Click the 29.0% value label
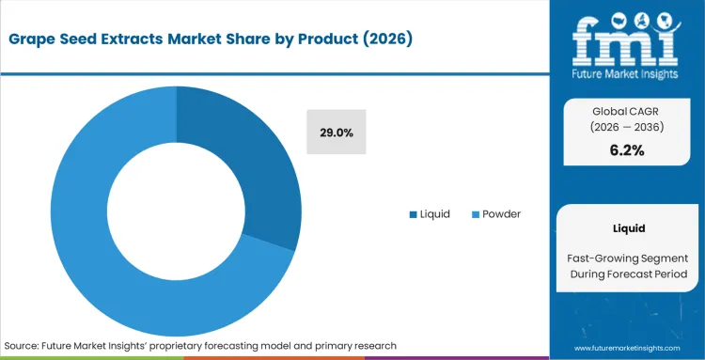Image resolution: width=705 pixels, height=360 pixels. coord(336,133)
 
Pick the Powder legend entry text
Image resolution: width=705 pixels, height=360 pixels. coord(501,214)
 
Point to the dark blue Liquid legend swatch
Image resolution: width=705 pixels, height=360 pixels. coord(414,214)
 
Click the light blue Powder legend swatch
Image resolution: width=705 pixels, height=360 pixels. coord(475,214)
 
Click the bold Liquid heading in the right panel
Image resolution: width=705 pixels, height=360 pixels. coord(626,227)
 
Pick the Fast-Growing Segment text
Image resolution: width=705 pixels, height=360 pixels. coord(626,257)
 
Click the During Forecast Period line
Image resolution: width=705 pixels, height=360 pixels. coord(626,274)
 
